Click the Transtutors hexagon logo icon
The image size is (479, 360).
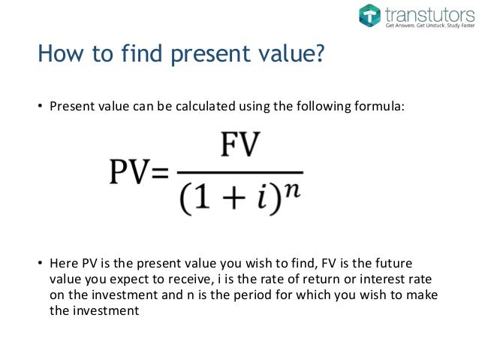[369, 16]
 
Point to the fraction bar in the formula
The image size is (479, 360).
[241, 171]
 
